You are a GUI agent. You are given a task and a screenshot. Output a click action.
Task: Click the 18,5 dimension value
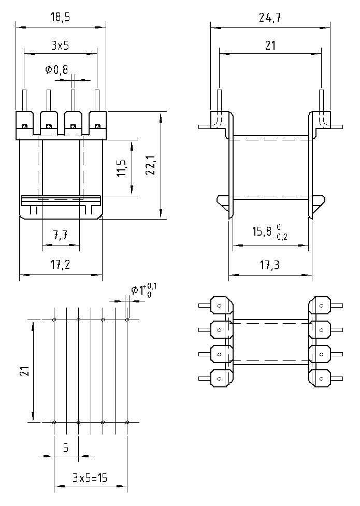(61, 18)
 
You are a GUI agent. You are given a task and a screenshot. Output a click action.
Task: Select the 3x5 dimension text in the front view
(60, 46)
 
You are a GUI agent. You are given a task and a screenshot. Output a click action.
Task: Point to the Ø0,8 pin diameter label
(56, 69)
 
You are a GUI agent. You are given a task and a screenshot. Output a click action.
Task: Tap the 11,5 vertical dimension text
(121, 168)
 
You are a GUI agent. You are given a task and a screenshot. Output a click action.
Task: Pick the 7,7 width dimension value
(60, 236)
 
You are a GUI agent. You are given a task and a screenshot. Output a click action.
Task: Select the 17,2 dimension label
(61, 265)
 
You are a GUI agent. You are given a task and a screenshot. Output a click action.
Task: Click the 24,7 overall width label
(269, 18)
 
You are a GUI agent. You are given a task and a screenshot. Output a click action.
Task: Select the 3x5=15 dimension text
(90, 479)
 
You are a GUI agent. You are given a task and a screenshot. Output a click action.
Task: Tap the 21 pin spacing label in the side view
(270, 46)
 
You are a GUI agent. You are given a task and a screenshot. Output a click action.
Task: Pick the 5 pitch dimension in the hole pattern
(66, 448)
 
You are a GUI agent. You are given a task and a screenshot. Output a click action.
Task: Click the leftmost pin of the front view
(24, 100)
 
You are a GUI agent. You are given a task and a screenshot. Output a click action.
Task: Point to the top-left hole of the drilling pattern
(54, 320)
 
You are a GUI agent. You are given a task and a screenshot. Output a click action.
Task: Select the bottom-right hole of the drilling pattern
(127, 422)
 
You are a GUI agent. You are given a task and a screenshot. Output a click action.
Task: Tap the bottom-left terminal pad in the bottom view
(220, 378)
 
